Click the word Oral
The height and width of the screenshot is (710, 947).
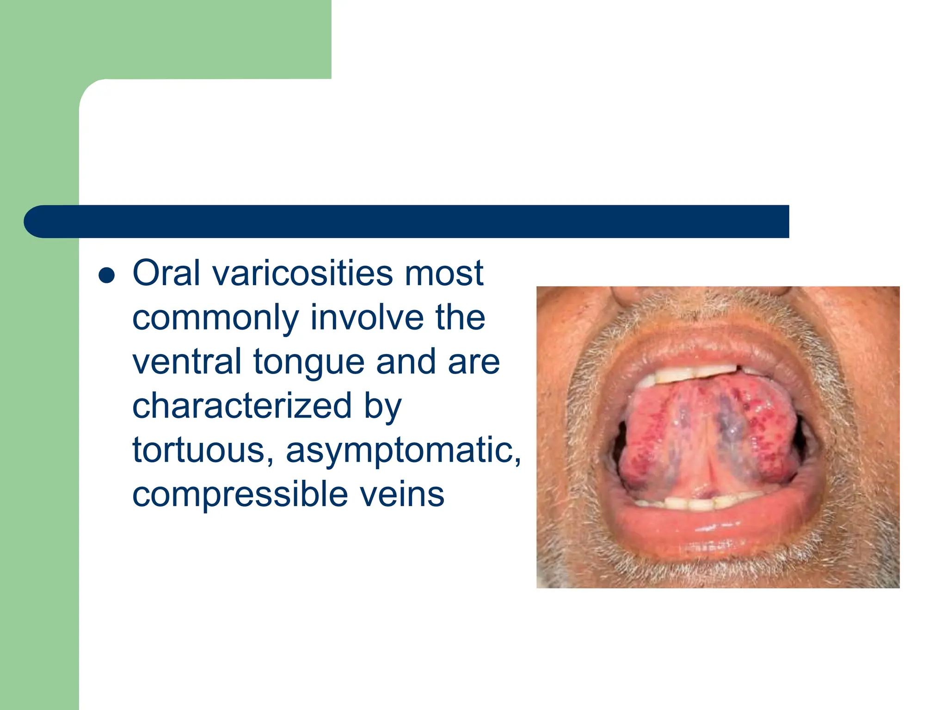tap(166, 274)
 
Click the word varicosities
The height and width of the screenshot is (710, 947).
tap(302, 274)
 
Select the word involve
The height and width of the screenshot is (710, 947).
tap(367, 318)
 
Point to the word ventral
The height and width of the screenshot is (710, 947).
tap(187, 362)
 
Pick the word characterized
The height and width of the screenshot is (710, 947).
tap(242, 406)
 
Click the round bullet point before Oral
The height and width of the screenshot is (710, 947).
tap(107, 275)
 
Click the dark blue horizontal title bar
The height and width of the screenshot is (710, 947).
tap(407, 222)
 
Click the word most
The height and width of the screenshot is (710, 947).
tap(443, 274)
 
